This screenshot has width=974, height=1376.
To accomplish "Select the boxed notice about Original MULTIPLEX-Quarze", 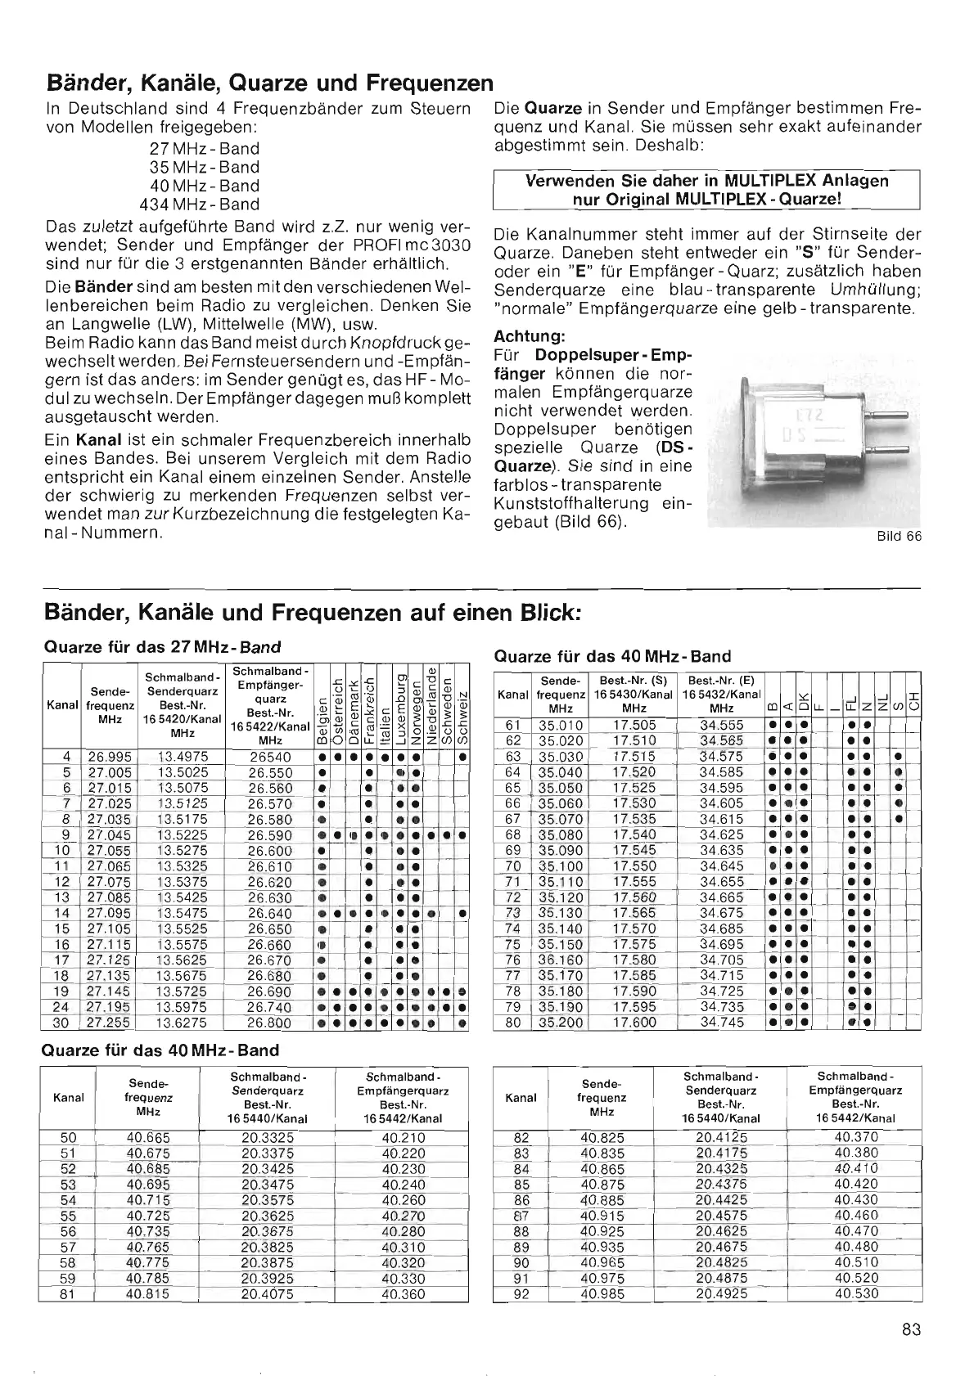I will coord(707,190).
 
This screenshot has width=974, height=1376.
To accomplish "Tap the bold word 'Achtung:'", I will coord(528,337).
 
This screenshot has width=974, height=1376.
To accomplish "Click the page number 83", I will coord(911,1329).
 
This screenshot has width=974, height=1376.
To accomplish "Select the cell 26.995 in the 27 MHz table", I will coord(109,757).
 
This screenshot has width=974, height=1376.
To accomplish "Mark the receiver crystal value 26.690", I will coord(269,992).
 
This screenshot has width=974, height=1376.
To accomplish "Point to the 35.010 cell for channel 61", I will coord(560,725).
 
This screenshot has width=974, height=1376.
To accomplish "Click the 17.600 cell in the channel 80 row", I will coord(634,1022).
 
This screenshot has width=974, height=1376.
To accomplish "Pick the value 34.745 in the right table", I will coord(721,1022).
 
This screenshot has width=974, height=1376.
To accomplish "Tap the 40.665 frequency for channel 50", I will coord(148,1137).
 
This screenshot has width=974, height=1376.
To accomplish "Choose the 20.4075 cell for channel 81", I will coord(268,1294).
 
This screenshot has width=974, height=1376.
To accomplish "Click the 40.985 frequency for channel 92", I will coord(602,1294).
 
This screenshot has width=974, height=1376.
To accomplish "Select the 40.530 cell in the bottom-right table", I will coord(856,1294).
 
